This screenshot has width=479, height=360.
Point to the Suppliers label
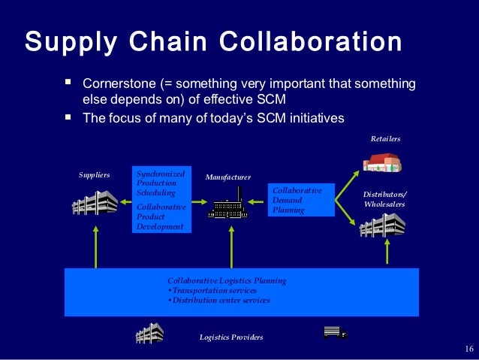[95, 174]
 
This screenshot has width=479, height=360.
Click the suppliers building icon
[95, 203]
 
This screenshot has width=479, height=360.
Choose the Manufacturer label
[227, 177]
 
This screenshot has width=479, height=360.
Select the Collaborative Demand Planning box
[302, 201]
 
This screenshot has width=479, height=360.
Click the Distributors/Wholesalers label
[384, 198]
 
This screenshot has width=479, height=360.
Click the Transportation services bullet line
[212, 290]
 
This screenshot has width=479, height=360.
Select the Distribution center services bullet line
[219, 300]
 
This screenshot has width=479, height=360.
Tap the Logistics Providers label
[231, 337]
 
